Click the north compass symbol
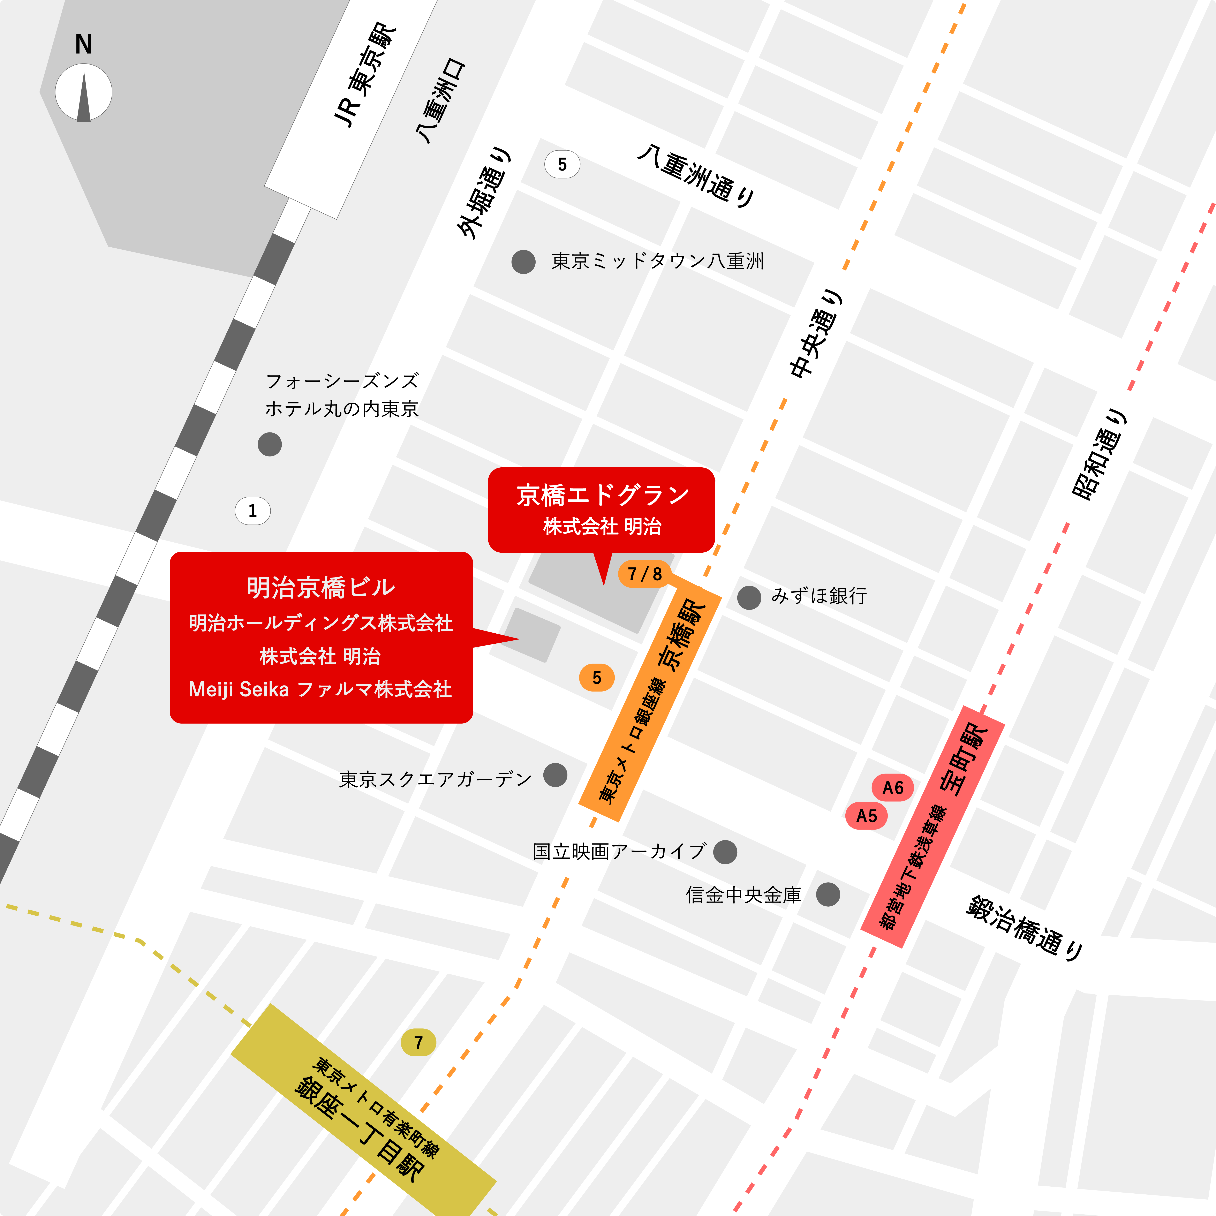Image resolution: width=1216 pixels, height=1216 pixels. [x=84, y=92]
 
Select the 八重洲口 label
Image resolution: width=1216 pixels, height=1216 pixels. [x=441, y=101]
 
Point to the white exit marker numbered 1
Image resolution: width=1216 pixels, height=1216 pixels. [x=252, y=511]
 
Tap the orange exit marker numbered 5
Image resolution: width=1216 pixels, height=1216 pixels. [x=597, y=678]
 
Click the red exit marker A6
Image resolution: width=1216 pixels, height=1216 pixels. [x=892, y=787]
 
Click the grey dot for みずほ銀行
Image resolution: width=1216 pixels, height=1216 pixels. [x=749, y=597]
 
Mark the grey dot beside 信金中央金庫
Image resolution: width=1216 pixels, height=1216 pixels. [x=828, y=894]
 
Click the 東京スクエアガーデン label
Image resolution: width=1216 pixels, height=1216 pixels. [x=436, y=779]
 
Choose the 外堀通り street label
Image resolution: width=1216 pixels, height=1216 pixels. [x=483, y=194]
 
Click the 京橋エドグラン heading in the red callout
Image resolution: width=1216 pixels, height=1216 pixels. [x=602, y=495]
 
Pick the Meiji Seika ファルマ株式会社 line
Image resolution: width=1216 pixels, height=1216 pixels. [x=320, y=689]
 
